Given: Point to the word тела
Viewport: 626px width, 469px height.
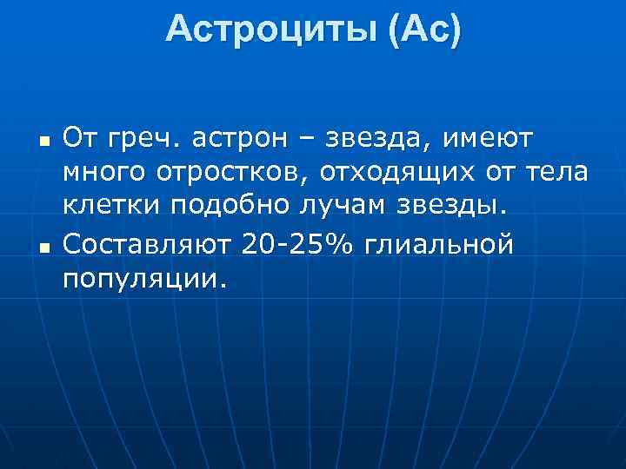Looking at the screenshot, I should (x=556, y=174).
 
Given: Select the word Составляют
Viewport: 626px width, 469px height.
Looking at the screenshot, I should (x=148, y=245).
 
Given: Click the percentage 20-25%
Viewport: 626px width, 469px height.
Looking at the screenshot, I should (x=296, y=245).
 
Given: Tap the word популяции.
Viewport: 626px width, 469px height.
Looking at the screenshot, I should (x=143, y=281).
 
